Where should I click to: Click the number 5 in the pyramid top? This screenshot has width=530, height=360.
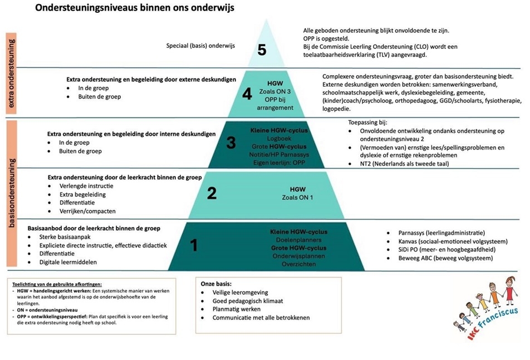click(262, 50)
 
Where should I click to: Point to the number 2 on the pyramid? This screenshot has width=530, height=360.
click(212, 193)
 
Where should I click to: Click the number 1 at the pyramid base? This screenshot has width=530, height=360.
click(194, 244)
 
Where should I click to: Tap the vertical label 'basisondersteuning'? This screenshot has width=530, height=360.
click(12, 193)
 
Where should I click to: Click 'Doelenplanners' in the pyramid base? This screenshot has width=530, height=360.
click(298, 240)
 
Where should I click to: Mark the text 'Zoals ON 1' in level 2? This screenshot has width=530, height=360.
click(298, 198)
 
